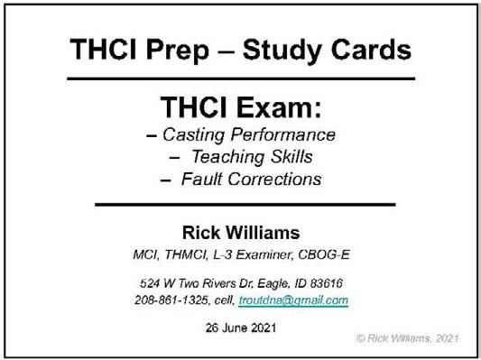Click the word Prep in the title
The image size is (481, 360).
(x=178, y=51)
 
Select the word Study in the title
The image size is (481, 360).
(x=282, y=51)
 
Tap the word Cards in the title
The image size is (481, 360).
(x=371, y=49)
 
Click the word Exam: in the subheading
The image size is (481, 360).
(x=278, y=106)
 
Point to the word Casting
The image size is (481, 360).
(x=194, y=135)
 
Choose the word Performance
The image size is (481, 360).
(x=283, y=134)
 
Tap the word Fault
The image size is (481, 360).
(x=201, y=179)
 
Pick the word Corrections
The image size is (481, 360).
(x=274, y=179)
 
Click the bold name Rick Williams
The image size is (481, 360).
(x=241, y=233)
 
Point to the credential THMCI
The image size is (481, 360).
(x=186, y=254)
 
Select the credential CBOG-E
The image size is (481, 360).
(x=324, y=254)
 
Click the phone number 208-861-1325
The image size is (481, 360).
(x=171, y=300)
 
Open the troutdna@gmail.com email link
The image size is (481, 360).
(x=293, y=300)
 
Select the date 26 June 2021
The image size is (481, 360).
(x=241, y=328)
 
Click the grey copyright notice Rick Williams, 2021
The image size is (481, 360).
(x=408, y=338)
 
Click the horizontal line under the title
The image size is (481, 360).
(x=241, y=78)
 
